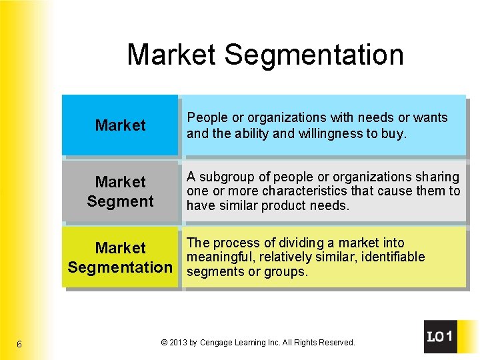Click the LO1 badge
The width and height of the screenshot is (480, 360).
point(440,337)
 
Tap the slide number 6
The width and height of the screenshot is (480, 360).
point(19,344)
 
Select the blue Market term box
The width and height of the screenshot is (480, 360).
point(120,125)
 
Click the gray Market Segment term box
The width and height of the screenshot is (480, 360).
point(120,191)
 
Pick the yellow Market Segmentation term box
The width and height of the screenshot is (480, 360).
point(120,257)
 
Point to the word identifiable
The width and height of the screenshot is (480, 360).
point(391,257)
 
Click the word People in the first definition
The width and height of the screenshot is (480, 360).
point(207,118)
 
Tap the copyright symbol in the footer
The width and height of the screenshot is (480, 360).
point(164,343)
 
